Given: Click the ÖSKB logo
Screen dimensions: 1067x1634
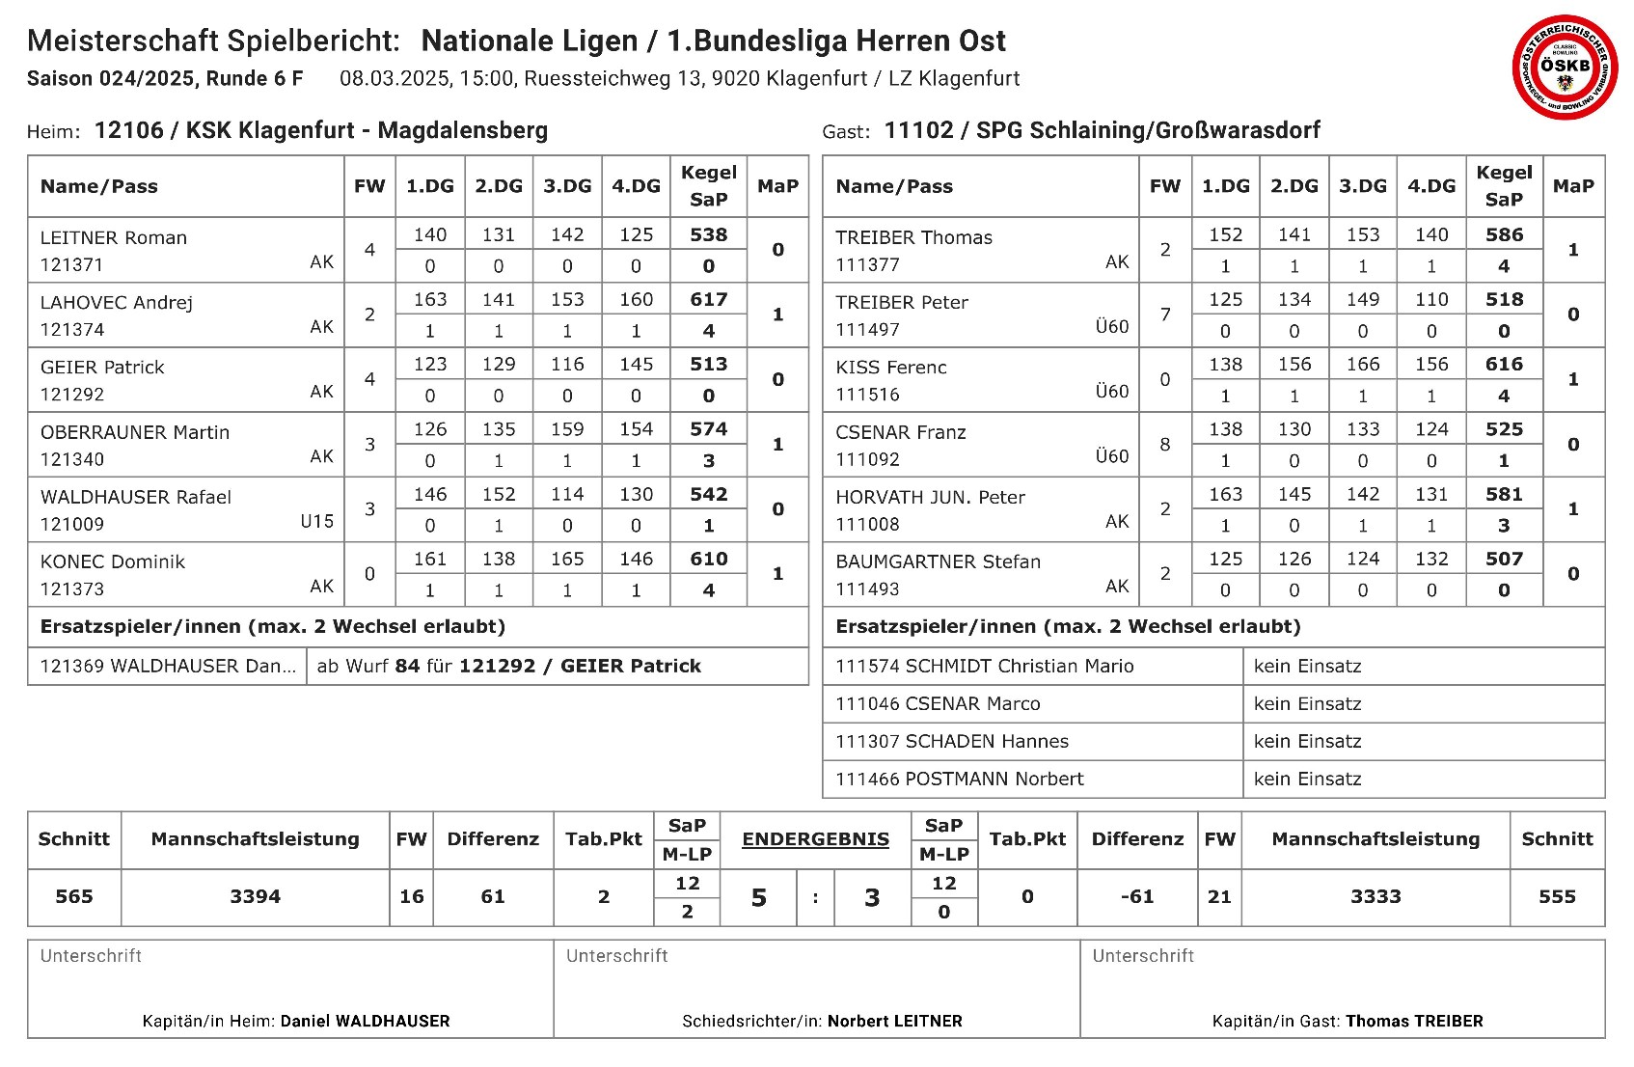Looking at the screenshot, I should tap(1564, 66).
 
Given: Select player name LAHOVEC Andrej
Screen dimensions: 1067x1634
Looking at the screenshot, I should tap(117, 303).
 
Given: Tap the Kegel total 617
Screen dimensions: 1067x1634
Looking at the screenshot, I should tap(708, 300).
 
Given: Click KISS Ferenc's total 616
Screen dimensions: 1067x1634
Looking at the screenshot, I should tap(1504, 365).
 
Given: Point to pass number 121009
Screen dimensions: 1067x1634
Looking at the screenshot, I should tap(72, 525).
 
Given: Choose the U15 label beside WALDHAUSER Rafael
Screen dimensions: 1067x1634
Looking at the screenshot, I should tap(316, 522).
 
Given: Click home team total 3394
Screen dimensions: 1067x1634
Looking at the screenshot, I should tap(256, 897).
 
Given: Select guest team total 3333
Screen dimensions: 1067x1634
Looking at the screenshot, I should tap(1375, 897).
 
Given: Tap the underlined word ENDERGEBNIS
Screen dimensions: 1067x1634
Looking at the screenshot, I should tap(815, 839).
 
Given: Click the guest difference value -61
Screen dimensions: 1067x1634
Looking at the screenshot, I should tap(1137, 897).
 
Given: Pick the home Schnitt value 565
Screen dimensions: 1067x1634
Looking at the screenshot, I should tap(74, 897).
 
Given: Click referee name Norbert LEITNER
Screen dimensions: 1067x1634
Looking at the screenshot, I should tap(895, 1022).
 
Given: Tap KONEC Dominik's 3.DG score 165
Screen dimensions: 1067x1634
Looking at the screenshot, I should tap(567, 560).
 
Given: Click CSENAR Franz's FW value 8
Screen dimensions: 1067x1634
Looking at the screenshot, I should tap(1165, 445).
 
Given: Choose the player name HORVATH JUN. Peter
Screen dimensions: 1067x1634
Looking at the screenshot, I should tap(930, 498).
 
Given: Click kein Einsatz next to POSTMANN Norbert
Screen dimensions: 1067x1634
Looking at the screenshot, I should tap(1307, 780).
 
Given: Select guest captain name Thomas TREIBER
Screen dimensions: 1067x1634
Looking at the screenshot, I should tap(1414, 1022).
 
